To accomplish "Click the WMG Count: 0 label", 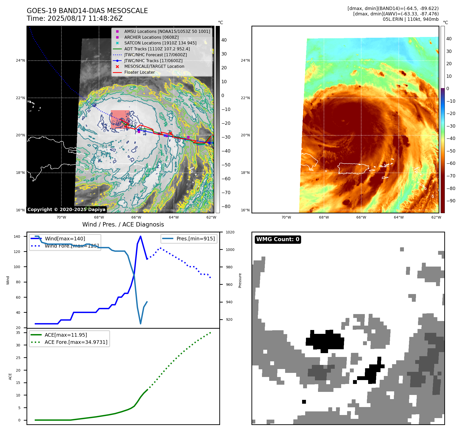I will [x=278, y=239].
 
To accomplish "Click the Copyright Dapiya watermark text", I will [x=66, y=210].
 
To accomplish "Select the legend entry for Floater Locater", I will [x=140, y=72].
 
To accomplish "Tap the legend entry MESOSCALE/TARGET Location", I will [x=154, y=67].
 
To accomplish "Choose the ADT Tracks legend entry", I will [x=157, y=49].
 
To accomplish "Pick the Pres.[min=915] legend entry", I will [x=195, y=239].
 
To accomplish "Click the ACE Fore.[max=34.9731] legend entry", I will [x=76, y=342].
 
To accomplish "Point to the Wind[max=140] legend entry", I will [x=65, y=239].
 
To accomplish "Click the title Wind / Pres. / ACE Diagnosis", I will [x=123, y=224].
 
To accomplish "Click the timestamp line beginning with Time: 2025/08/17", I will [x=75, y=18].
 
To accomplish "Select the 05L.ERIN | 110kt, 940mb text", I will [x=411, y=19].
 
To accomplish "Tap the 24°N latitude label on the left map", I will [x=20, y=61].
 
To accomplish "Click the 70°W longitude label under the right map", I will [x=286, y=217].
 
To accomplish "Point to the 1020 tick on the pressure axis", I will [x=230, y=232].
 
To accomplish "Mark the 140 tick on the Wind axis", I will [x=17, y=237].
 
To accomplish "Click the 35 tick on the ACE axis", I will [x=18, y=333].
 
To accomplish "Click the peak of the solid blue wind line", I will [x=140, y=236].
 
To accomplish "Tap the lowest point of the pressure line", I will [x=141, y=324].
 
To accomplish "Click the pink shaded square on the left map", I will [x=120, y=119].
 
